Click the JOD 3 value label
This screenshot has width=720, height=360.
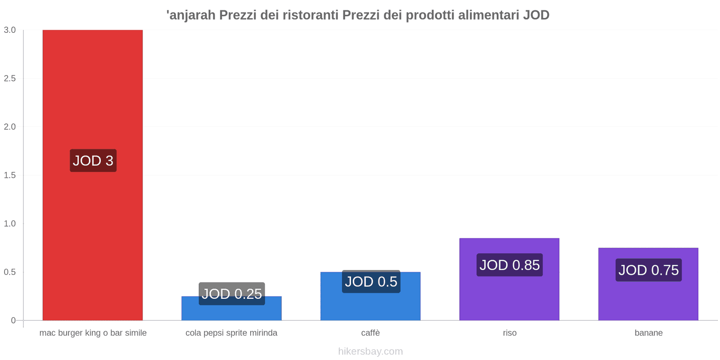pos(93,161)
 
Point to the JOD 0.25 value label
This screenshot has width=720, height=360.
pos(232,293)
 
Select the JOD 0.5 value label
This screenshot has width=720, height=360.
pos(371,282)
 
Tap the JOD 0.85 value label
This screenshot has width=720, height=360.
pos(509,265)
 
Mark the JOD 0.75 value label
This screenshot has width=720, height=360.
pos(648,270)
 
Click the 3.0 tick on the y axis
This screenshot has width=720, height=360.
pos(10,30)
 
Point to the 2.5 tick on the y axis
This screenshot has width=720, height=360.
pos(10,79)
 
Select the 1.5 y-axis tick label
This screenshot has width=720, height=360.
pos(10,175)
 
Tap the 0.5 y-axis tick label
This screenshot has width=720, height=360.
pos(10,272)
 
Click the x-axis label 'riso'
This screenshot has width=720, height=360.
pos(509,333)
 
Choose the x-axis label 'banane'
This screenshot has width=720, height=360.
pos(648,333)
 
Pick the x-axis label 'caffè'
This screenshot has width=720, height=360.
pos(370,333)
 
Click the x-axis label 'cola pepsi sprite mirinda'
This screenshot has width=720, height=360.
pos(231,333)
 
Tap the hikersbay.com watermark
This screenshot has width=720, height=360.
pos(370,351)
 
